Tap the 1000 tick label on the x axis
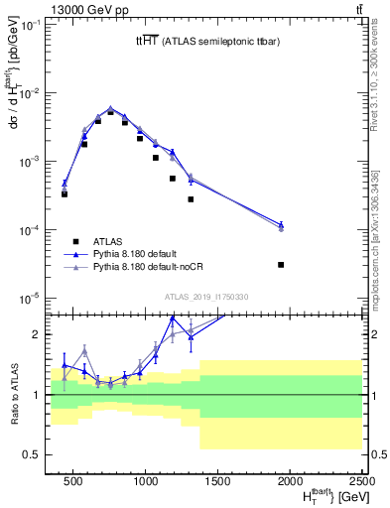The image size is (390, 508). tap(146, 480)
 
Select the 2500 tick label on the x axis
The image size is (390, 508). tap(362, 480)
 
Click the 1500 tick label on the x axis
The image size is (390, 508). tap(218, 480)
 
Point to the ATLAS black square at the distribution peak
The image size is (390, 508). tap(111, 112)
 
